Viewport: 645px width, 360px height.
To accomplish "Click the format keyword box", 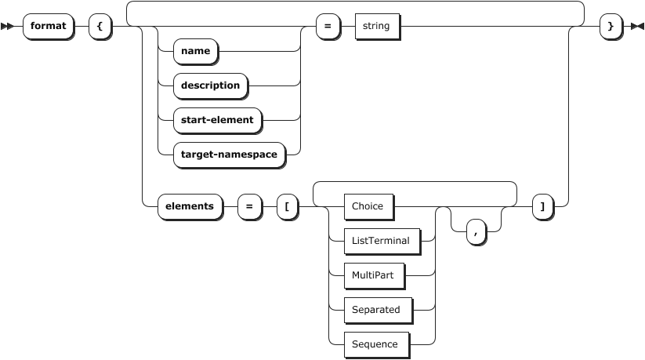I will click(48, 26).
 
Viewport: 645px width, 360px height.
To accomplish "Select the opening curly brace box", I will click(100, 26).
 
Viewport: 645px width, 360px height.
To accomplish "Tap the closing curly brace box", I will click(610, 26).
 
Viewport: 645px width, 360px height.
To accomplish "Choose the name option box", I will click(195, 51).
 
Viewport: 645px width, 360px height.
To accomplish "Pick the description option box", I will click(210, 85).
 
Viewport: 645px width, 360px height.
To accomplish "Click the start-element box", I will click(217, 120).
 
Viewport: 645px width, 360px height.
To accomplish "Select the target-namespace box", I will click(229, 155).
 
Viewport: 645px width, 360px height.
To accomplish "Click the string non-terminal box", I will click(376, 26).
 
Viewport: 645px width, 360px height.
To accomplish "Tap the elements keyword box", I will click(189, 206).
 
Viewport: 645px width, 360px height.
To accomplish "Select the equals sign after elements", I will click(249, 206).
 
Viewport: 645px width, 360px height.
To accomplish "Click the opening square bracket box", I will click(287, 206).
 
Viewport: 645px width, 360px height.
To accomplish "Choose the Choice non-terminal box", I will click(368, 206).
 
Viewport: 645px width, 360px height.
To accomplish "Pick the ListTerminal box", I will click(380, 241).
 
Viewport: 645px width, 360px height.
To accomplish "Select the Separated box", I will click(375, 310).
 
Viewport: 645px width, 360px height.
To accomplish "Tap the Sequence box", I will click(375, 344).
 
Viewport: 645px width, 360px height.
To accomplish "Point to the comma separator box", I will click(475, 231).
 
